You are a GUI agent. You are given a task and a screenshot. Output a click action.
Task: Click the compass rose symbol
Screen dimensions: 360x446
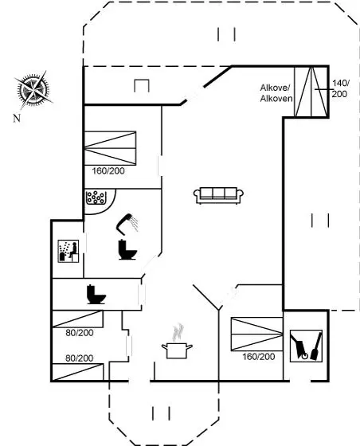[33, 90]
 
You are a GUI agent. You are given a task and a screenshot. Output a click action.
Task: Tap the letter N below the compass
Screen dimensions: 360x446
[17, 118]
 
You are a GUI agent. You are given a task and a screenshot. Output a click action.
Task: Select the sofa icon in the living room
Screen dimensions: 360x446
[218, 195]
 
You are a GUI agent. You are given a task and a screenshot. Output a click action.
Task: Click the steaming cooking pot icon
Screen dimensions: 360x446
[177, 341]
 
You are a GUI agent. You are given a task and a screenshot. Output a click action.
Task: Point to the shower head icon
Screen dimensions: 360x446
[127, 223]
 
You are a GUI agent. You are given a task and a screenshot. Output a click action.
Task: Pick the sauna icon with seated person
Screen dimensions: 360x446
[68, 251]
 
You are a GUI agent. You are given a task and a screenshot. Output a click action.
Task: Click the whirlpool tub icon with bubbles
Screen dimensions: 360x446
[96, 198]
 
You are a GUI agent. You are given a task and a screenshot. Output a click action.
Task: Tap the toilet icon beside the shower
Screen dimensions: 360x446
[127, 250]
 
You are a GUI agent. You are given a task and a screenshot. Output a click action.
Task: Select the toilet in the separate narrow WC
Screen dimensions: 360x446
[96, 294]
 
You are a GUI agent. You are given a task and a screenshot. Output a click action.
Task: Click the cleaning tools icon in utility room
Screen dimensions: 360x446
[306, 346]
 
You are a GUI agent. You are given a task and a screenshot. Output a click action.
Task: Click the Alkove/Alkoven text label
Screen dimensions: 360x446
[276, 93]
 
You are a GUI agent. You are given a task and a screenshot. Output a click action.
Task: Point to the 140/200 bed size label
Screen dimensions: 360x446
[340, 88]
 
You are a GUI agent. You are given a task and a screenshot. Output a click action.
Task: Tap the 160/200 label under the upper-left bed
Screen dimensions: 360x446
[108, 171]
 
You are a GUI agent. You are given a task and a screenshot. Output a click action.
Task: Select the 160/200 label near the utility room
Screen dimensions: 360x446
[259, 357]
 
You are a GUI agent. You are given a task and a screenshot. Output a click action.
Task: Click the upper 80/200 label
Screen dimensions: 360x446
[80, 333]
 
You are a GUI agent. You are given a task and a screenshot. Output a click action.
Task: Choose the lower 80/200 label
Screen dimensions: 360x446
[80, 358]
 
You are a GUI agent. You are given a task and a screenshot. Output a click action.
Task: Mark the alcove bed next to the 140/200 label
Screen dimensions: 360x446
[311, 92]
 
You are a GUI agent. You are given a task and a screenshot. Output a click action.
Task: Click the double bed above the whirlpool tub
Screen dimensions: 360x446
[110, 148]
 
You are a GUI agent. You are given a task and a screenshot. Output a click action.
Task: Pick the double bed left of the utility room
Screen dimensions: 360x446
[256, 334]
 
